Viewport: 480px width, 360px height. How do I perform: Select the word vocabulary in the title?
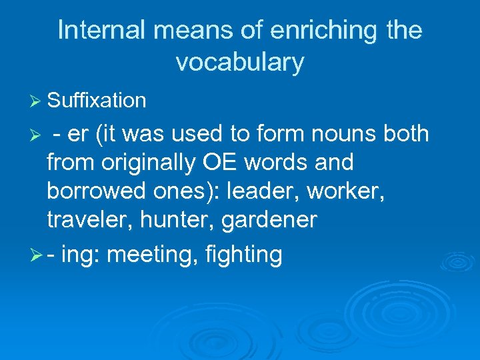click(240, 63)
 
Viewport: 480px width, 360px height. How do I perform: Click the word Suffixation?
click(97, 101)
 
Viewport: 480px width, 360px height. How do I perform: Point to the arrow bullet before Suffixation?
click(37, 101)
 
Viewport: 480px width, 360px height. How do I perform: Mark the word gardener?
click(273, 219)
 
